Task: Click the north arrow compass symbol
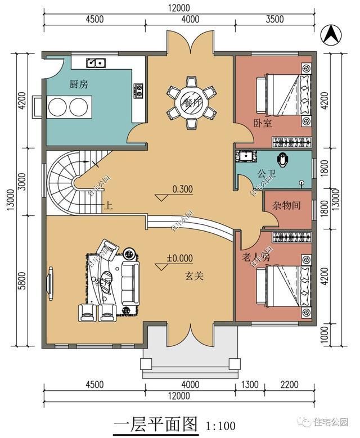330,34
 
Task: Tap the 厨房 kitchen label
78,85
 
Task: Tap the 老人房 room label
256,258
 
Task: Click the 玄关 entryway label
195,276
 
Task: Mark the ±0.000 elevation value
179,259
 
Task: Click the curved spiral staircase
65,180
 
